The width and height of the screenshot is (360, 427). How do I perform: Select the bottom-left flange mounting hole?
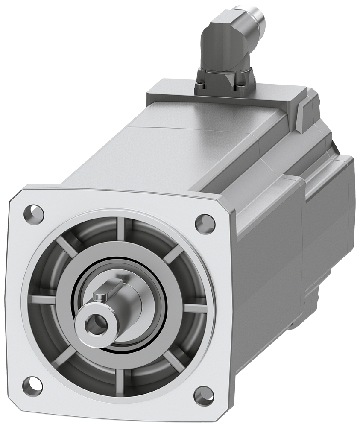pos(32,386)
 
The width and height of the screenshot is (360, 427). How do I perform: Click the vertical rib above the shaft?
pos(121,229)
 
